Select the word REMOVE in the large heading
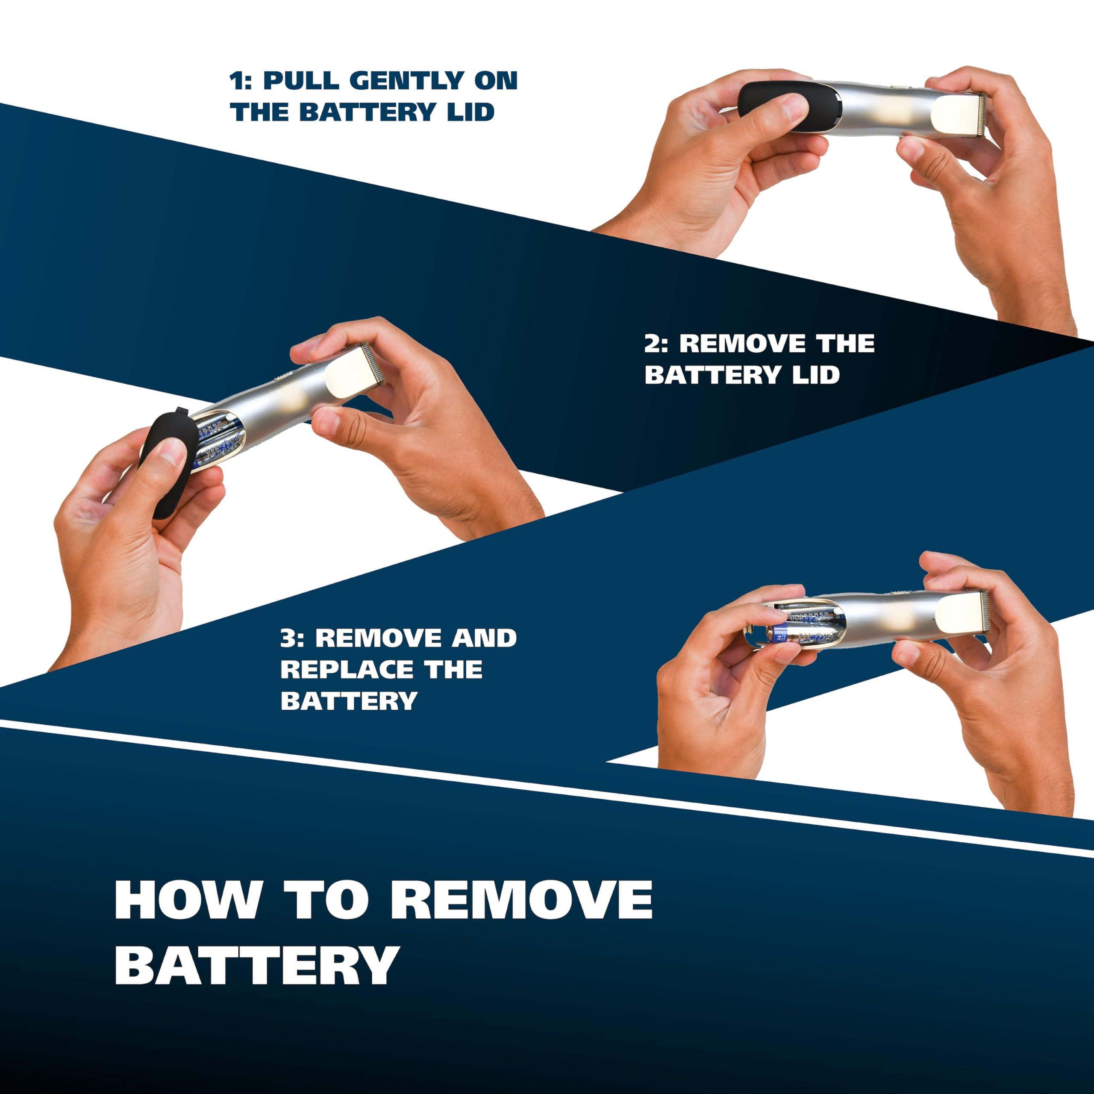[521, 900]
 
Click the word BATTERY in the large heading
[257, 965]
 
